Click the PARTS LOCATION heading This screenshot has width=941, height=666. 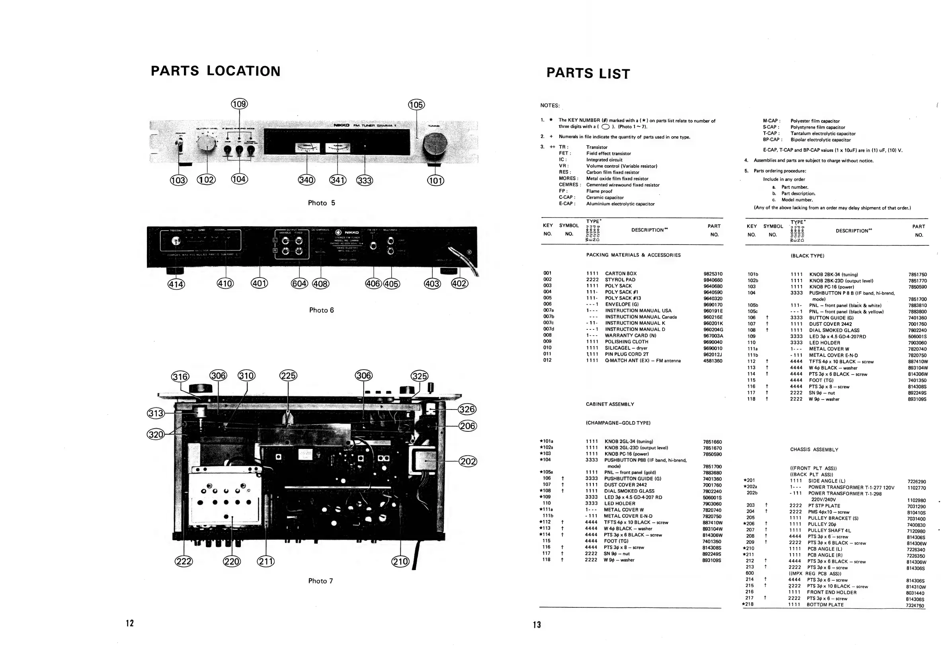pos(216,71)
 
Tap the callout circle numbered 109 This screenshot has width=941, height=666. pos(239,104)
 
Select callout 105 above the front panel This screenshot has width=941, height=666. pos(416,105)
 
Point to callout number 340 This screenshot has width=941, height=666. pos(307,180)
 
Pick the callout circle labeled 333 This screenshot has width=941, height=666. pos(364,180)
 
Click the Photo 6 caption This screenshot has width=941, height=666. pos(321,310)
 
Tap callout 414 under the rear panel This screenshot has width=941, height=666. pos(176,284)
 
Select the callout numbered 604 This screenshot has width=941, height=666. pos(299,283)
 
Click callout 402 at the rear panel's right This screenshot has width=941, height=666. pos(459,283)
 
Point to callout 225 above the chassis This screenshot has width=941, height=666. pos(288,376)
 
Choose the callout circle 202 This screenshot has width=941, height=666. pos(468,461)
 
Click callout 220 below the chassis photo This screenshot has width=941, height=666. pos(232,561)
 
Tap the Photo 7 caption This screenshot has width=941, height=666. pos(320,581)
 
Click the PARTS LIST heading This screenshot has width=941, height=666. pos(588,73)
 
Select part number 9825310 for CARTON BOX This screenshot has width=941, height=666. pos(713,274)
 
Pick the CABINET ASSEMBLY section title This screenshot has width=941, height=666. pos(610,404)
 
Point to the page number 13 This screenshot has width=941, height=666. pos(537,625)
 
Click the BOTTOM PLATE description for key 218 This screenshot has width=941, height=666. pos(825,605)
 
